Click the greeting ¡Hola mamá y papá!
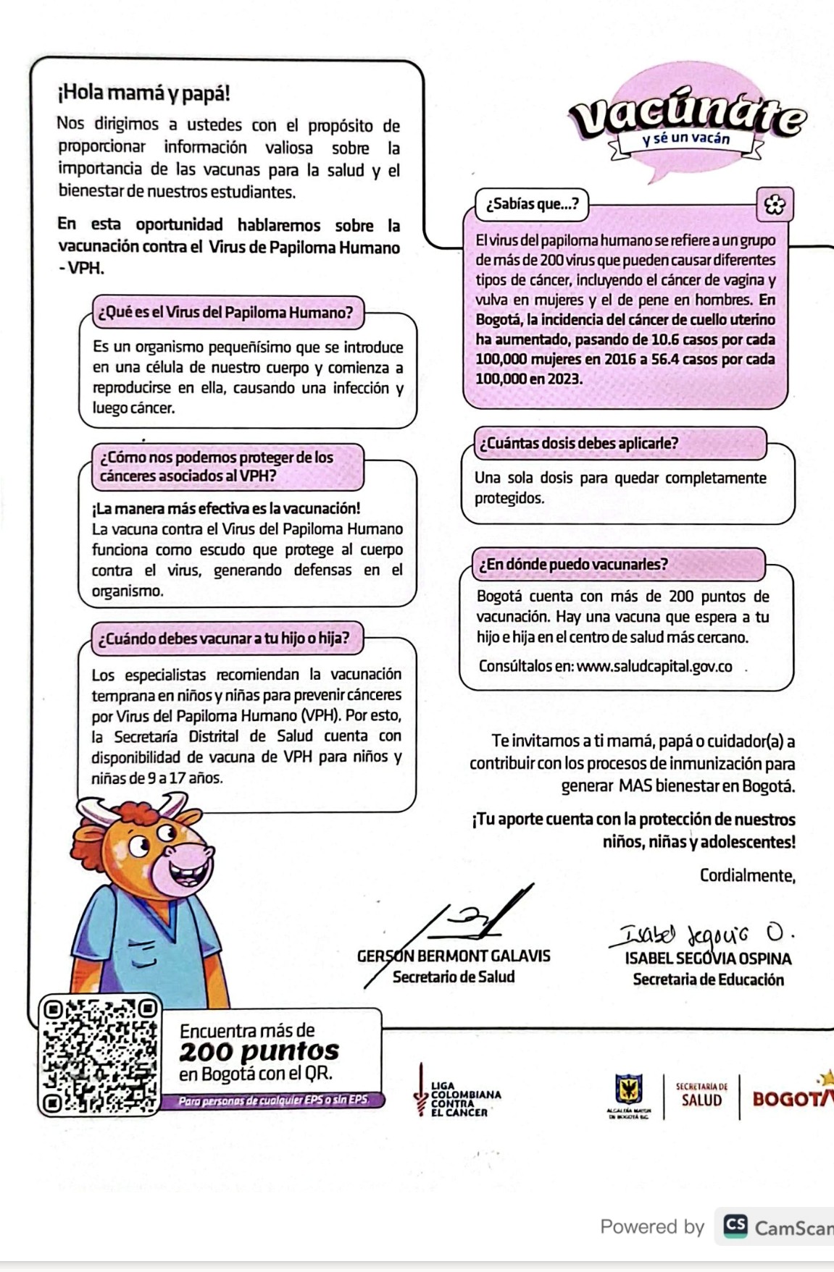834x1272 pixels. click(x=143, y=93)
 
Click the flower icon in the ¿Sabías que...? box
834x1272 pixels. click(x=774, y=206)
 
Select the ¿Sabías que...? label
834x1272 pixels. click(x=532, y=204)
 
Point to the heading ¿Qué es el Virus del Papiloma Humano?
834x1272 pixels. click(x=226, y=313)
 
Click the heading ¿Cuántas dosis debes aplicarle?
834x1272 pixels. click(x=578, y=443)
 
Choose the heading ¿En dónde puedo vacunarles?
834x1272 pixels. click(x=572, y=564)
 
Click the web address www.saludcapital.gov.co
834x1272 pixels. click(x=654, y=666)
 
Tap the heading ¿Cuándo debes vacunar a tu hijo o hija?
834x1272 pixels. click(x=225, y=639)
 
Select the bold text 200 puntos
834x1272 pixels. click(x=259, y=1051)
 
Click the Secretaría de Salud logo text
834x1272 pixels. click(x=701, y=1096)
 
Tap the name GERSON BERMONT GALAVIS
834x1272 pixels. click(x=454, y=956)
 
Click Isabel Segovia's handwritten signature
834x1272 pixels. click(x=699, y=935)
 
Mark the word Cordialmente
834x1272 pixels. click(x=747, y=876)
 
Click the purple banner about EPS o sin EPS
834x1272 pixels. click(x=273, y=1100)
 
